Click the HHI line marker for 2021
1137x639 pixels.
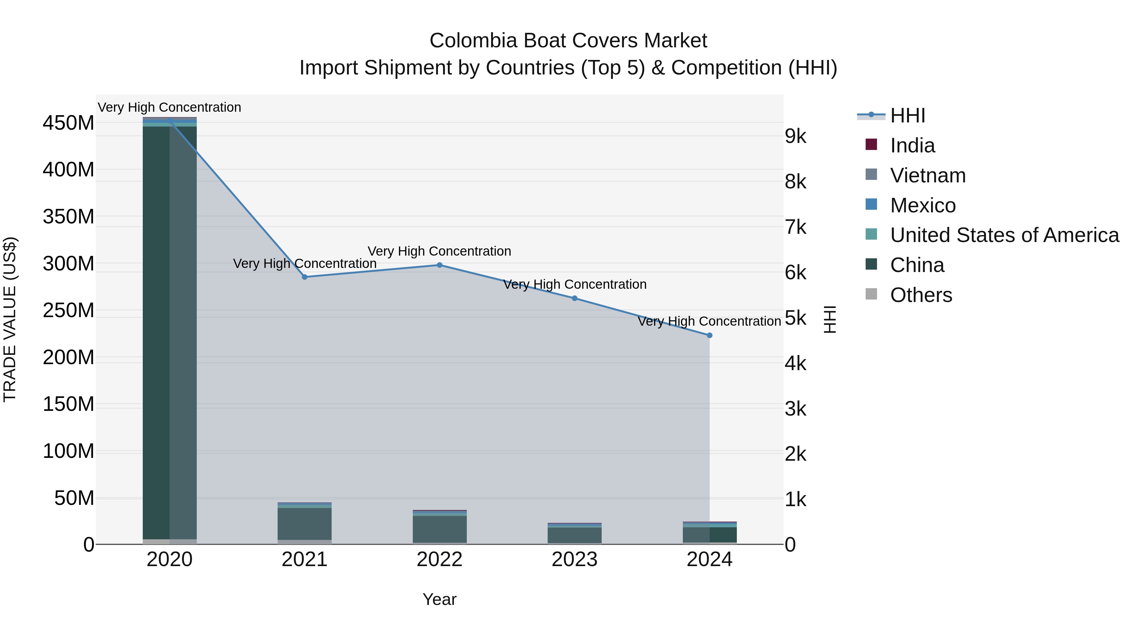304,277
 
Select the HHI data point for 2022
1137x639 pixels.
440,265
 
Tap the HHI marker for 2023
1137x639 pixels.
575,299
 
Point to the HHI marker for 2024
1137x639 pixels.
710,336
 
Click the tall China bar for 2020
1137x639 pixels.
170,331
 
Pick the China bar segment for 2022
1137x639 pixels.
440,529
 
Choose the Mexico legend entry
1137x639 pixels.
923,205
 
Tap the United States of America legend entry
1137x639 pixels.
1004,235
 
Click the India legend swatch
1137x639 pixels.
871,145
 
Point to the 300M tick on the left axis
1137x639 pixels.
69,264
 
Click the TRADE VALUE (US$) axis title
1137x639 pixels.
10,320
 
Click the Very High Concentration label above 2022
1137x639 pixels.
440,251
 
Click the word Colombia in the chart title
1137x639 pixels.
474,41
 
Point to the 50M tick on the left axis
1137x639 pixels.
74,498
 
